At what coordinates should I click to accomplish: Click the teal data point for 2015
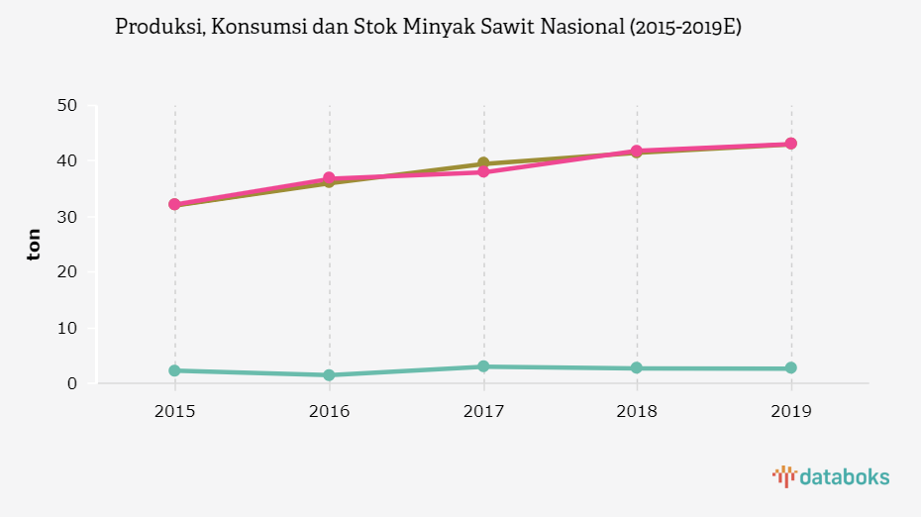(174, 370)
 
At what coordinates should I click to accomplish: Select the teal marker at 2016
(329, 375)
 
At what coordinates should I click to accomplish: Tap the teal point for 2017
(483, 366)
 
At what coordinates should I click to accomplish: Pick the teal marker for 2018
(637, 368)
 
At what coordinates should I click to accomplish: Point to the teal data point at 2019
(791, 368)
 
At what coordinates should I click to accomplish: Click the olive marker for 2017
(483, 163)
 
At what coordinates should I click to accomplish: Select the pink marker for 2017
(483, 172)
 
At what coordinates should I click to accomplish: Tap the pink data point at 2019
(791, 144)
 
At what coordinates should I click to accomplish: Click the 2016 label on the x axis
(329, 410)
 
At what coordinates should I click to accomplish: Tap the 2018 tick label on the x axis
(637, 410)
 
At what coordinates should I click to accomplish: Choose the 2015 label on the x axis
(174, 410)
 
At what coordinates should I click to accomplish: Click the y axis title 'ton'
(35, 244)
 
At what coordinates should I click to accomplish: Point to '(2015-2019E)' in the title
(685, 28)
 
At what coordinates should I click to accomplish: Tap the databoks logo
(831, 477)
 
